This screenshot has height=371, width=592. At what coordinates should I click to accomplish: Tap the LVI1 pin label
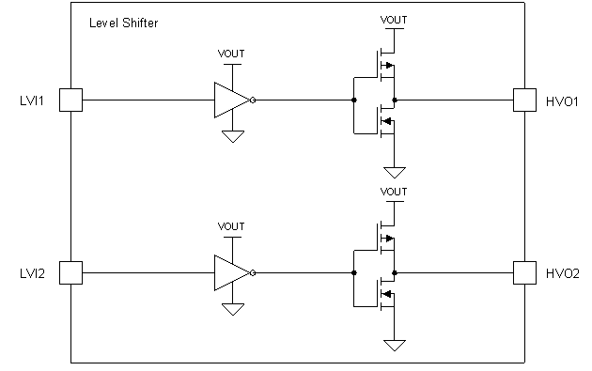pos(32,100)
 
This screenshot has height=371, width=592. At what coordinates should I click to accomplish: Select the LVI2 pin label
pos(32,273)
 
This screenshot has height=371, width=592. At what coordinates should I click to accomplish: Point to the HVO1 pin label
pos(560,100)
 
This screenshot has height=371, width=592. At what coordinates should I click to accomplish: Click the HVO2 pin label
pos(560,273)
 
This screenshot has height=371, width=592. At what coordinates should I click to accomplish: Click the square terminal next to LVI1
pos(70,99)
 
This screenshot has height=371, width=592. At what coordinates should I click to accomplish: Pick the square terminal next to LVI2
pos(70,272)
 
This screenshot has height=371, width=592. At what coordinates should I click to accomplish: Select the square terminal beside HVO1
pos(523,99)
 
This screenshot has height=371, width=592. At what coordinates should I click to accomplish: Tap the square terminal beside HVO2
pos(523,272)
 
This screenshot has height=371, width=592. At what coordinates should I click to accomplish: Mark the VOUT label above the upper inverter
pos(230,53)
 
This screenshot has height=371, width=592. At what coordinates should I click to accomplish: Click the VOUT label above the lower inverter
pos(230,226)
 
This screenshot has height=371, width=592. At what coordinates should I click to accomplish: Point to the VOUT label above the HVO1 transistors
pos(395,19)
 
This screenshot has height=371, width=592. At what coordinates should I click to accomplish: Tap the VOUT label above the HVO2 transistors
pos(395,193)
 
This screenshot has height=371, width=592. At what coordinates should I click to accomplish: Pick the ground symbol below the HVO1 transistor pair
pos(395,172)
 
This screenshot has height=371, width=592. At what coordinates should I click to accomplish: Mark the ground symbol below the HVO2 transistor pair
pos(395,345)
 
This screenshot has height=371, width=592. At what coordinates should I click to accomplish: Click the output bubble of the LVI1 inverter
pos(253,99)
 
